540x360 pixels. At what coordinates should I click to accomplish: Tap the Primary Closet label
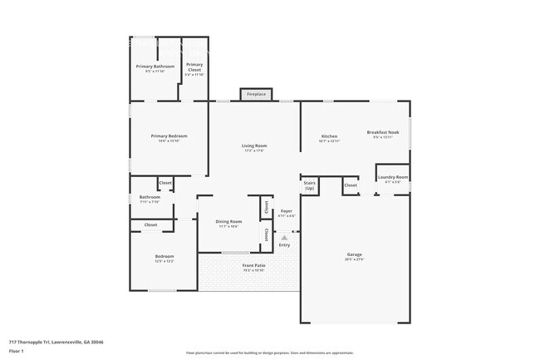pos(194,67)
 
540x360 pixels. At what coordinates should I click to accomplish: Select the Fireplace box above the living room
pos(257,95)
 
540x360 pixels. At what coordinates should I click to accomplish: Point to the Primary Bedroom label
pos(169,136)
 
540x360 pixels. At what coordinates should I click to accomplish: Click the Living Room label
pos(254,146)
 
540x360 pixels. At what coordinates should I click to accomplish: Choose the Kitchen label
pos(329,136)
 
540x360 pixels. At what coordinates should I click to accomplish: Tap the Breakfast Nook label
pos(383,133)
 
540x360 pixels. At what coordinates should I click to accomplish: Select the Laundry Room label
pos(392,177)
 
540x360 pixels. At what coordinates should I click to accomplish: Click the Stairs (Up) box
pos(310,185)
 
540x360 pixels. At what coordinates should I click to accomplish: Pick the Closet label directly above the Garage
pos(351,185)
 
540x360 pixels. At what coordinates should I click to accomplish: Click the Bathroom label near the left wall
pos(150,197)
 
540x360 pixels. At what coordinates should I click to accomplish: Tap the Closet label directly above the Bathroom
pos(165,182)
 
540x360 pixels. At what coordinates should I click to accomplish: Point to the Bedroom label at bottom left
pos(164,256)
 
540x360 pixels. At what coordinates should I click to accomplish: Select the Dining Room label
pos(228,222)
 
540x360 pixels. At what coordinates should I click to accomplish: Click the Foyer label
pos(286,212)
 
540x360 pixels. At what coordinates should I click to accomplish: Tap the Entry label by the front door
pos(284,244)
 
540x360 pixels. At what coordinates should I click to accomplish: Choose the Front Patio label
pos(253,266)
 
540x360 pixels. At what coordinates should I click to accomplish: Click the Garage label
pos(355,254)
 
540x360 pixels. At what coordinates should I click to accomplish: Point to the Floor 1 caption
pos(17,349)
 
